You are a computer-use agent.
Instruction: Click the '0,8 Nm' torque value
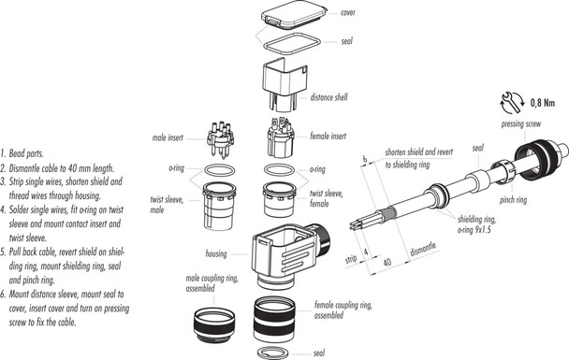click(546, 102)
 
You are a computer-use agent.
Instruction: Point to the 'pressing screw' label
click(525, 122)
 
